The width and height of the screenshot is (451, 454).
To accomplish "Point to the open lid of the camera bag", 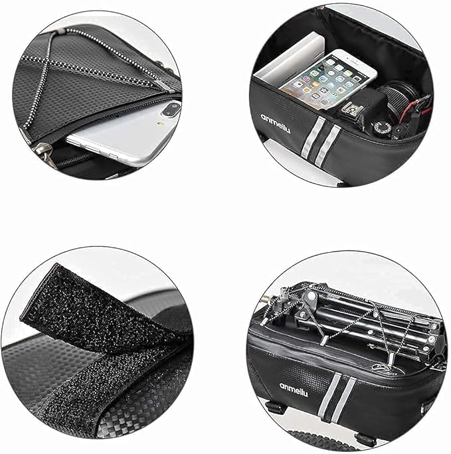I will [x=345, y=33].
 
